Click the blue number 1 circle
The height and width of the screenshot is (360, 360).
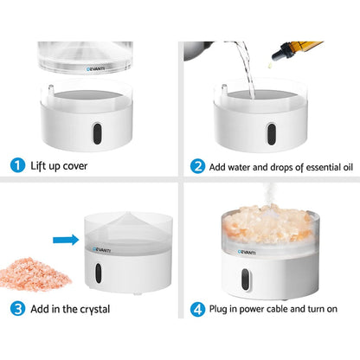17,166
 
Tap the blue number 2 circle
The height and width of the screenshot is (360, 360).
197,166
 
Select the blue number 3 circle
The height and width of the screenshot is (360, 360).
17,309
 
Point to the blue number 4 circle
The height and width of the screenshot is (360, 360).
197,310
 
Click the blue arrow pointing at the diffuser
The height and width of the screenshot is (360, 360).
66,240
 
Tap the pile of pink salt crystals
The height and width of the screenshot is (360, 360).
34,274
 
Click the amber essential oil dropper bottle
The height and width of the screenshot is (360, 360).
296,49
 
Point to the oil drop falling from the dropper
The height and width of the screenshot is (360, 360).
270,65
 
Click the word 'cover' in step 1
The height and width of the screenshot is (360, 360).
75,166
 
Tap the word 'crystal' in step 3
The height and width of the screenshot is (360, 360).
94,310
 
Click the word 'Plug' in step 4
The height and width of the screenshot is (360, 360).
218,309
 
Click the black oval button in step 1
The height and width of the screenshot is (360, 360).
97,133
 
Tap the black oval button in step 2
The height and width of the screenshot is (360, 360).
271,134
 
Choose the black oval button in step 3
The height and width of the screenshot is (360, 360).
99,273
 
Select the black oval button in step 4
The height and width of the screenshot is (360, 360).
245,280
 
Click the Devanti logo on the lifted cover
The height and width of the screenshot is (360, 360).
95,69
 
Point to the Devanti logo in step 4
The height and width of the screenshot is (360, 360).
247,253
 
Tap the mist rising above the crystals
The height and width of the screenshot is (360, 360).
269,194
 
